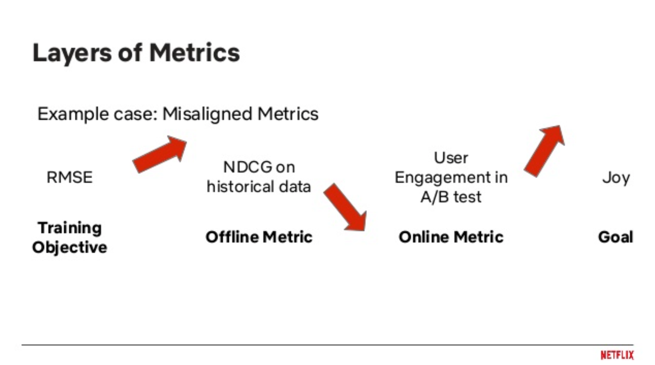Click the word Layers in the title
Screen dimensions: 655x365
click(72, 54)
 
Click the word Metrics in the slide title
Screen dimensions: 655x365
click(195, 53)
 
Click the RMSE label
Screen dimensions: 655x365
click(70, 178)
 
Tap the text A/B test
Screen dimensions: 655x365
click(451, 197)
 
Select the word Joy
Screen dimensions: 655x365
click(616, 178)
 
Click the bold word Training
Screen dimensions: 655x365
click(70, 228)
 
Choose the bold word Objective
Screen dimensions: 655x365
click(70, 248)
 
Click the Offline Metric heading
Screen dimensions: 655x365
click(259, 237)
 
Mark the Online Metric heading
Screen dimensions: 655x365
click(451, 237)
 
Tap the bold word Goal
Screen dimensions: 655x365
click(615, 237)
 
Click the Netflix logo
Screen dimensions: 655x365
click(617, 355)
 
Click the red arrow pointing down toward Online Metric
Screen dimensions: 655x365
click(345, 207)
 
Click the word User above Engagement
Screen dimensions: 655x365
click(451, 158)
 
